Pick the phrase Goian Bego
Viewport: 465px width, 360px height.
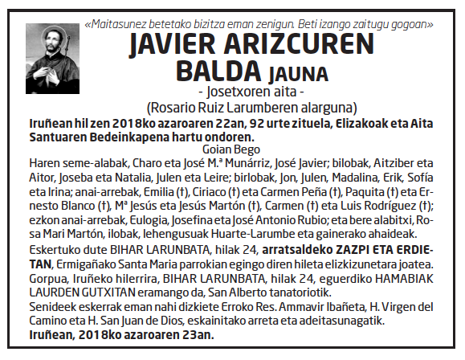pyautogui.click(x=232, y=149)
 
